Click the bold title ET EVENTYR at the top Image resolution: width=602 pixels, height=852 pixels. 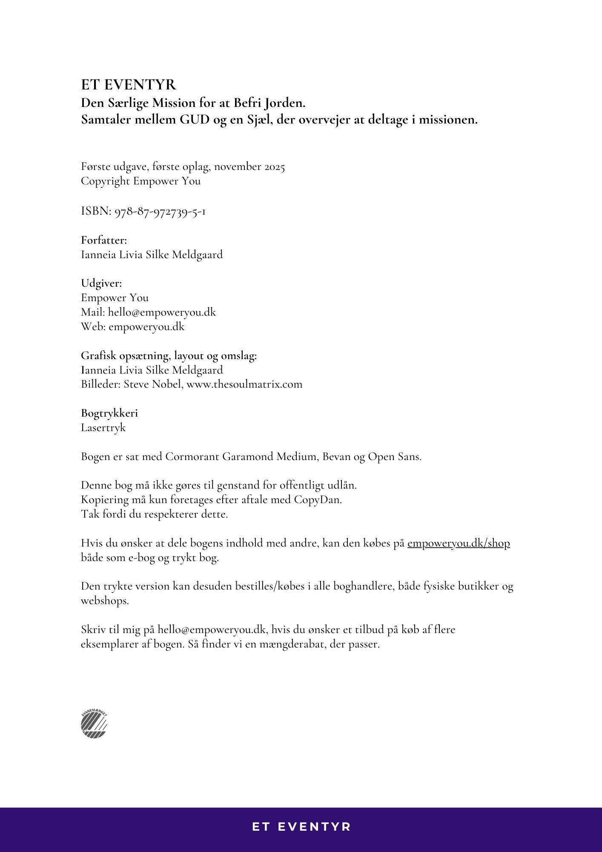coord(128,85)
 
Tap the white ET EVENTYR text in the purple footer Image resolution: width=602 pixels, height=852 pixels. coord(301,827)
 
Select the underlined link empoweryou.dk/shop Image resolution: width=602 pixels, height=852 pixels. coord(458,543)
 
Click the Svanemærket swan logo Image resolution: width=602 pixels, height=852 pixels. coord(94,724)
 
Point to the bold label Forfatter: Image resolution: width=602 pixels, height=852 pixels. coord(104,240)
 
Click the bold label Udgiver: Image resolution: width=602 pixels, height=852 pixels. coord(101,283)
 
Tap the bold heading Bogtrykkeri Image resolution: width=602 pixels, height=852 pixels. coord(109,413)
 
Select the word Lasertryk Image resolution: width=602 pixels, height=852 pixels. coord(103,428)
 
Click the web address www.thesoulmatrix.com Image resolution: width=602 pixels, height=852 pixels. coord(244,384)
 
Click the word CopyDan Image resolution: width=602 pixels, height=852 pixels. coord(318,500)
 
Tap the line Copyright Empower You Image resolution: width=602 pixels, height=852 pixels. coord(140,181)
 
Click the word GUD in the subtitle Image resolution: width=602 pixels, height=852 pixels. coord(194,120)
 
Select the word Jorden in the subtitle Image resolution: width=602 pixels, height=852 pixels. coord(284,103)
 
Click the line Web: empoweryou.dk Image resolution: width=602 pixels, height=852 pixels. coord(132,327)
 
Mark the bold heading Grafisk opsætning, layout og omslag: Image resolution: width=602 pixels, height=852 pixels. coord(169,356)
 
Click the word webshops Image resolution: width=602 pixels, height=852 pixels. coord(104,601)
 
